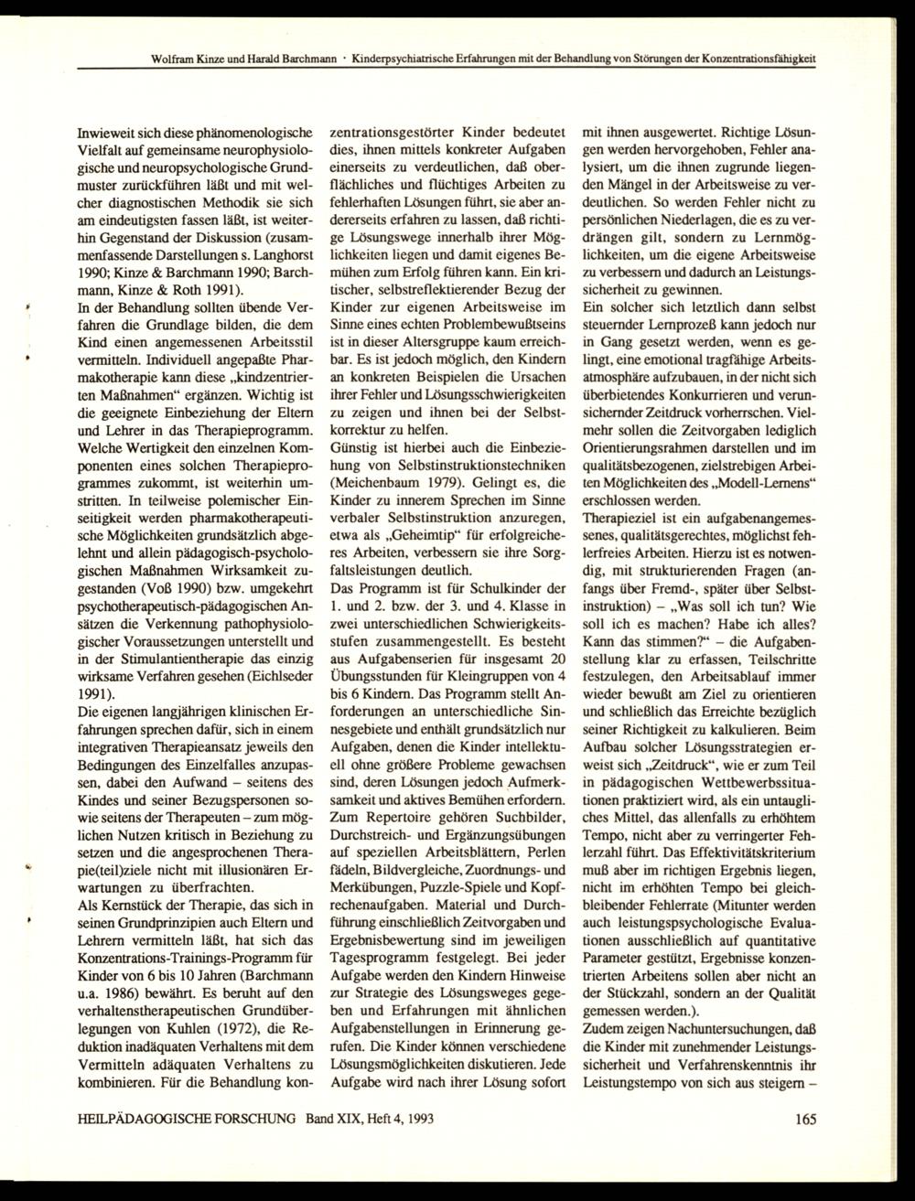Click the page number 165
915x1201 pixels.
[805, 1117]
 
